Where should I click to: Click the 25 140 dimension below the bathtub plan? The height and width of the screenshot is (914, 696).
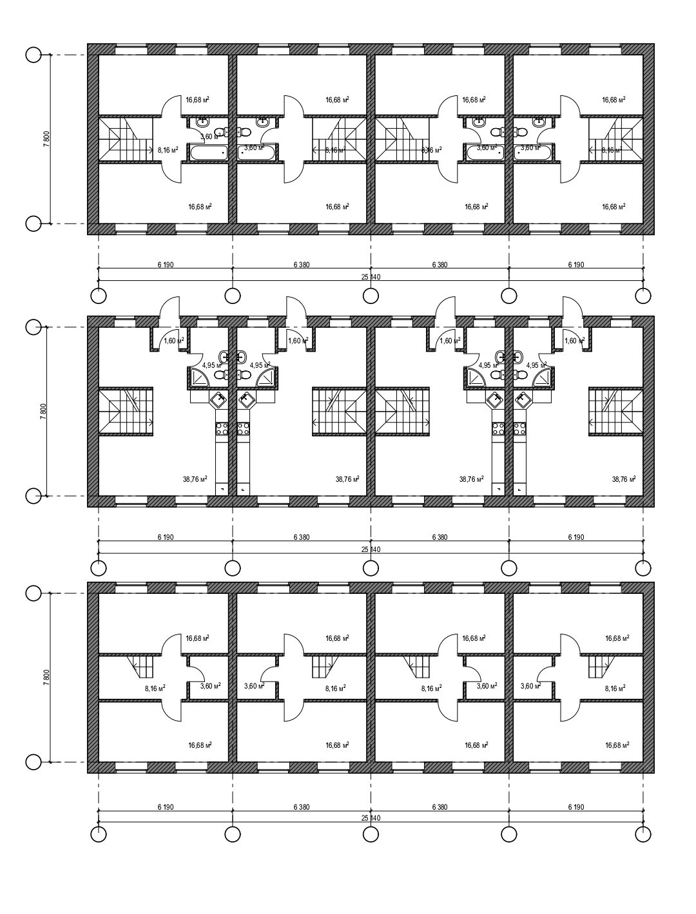point(371,277)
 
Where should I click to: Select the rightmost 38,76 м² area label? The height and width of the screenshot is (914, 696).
point(623,479)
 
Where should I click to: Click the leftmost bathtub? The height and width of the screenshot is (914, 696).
point(207,152)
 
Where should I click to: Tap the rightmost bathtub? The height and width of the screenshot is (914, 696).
point(533,152)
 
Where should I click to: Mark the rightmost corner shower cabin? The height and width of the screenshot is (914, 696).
point(541,377)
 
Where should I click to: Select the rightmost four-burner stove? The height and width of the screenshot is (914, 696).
point(519,428)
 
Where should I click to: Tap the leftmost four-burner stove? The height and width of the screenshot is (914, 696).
point(222,428)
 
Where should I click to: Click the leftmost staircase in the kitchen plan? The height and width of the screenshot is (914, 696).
point(126,412)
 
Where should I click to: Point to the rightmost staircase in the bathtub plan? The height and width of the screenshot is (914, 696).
point(615,140)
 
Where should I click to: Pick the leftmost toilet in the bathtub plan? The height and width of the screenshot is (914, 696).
point(220,133)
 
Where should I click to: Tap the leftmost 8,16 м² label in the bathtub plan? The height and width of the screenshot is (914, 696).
point(168,150)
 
